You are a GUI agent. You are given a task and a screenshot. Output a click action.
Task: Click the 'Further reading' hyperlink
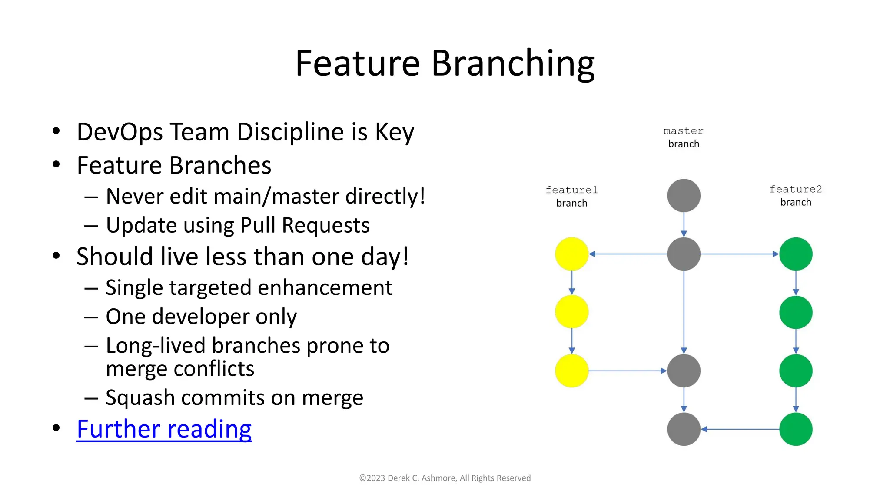click(164, 429)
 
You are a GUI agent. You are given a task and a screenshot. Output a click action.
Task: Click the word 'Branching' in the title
click(513, 63)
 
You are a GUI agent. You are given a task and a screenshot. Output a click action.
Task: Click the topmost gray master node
click(684, 196)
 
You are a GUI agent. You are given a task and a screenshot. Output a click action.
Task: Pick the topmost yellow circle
click(571, 254)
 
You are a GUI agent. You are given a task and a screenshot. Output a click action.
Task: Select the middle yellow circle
click(571, 312)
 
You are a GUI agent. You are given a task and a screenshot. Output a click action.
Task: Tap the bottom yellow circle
click(571, 371)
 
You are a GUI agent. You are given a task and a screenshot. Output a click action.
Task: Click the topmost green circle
click(796, 254)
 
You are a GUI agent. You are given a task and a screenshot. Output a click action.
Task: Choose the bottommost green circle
click(796, 429)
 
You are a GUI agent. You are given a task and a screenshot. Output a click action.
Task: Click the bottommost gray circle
click(684, 429)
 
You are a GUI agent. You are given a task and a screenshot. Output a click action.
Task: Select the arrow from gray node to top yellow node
click(628, 254)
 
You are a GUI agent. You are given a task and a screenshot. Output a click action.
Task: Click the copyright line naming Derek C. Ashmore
click(445, 478)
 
